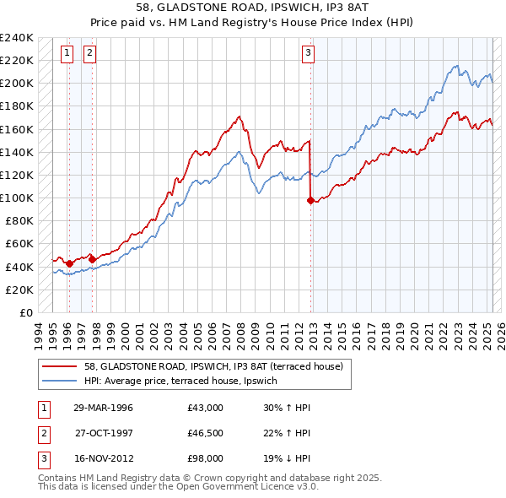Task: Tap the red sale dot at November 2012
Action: [x=310, y=200]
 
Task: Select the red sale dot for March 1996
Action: [x=69, y=263]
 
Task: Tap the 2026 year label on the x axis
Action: [x=500, y=331]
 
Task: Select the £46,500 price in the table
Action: [x=206, y=433]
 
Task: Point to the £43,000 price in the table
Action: [x=206, y=408]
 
